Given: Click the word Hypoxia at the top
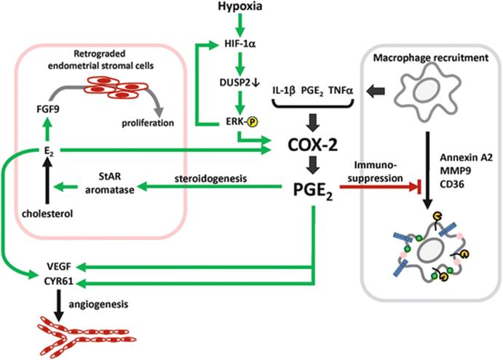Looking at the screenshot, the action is [x=240, y=7].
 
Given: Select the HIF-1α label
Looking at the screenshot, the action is [x=240, y=44].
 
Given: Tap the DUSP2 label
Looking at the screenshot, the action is [x=234, y=82].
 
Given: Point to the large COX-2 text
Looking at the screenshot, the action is [x=313, y=145].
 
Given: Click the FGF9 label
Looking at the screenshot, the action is [x=48, y=109].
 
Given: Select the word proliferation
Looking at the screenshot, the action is [x=148, y=123].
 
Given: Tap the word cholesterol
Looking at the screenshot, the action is [x=47, y=214].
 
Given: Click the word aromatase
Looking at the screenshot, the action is [x=110, y=190].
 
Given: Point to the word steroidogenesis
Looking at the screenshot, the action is [x=211, y=178].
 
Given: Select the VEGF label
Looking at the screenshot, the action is [x=59, y=267].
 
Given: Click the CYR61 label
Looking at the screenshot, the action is [x=59, y=281].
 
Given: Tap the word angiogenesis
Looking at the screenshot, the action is [x=98, y=304].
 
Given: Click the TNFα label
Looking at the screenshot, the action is [x=341, y=91].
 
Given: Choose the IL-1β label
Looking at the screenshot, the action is [x=284, y=91].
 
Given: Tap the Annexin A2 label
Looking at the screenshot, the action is [x=466, y=157].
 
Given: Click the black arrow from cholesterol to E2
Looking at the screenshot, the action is [x=47, y=181].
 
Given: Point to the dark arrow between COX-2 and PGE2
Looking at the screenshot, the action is [x=313, y=165].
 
